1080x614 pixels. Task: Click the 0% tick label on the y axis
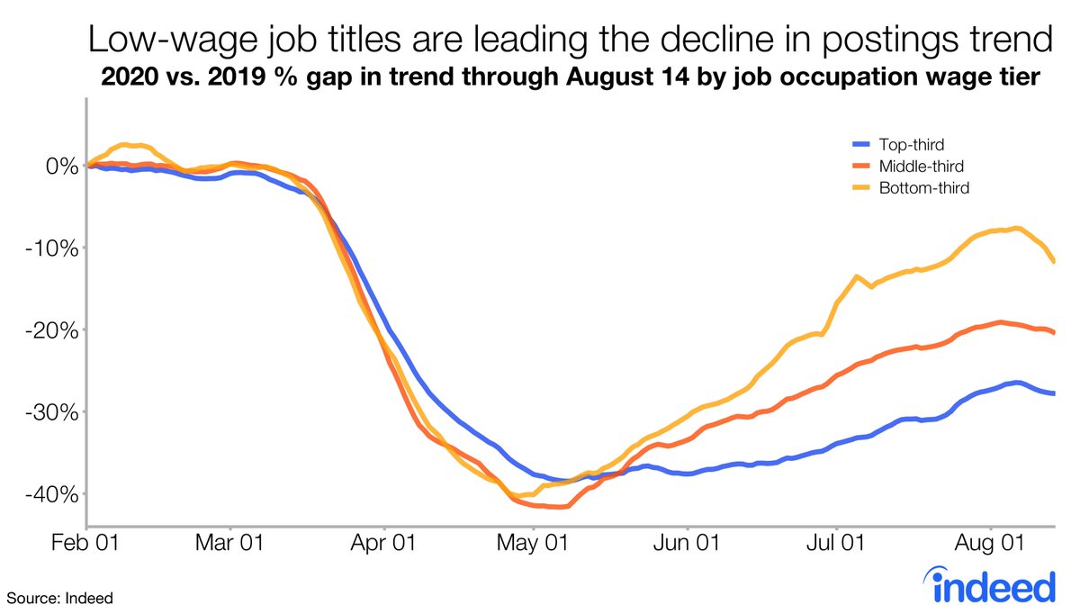click(57, 166)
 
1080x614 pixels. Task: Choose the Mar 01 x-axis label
click(231, 546)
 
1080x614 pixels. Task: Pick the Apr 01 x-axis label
click(384, 546)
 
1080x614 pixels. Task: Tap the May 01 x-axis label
click(535, 546)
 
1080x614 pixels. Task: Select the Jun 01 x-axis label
click(688, 546)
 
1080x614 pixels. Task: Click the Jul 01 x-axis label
click(836, 546)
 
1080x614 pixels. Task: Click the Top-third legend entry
click(900, 143)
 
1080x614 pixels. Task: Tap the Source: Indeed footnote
click(61, 597)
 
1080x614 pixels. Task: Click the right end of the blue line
click(1054, 393)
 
